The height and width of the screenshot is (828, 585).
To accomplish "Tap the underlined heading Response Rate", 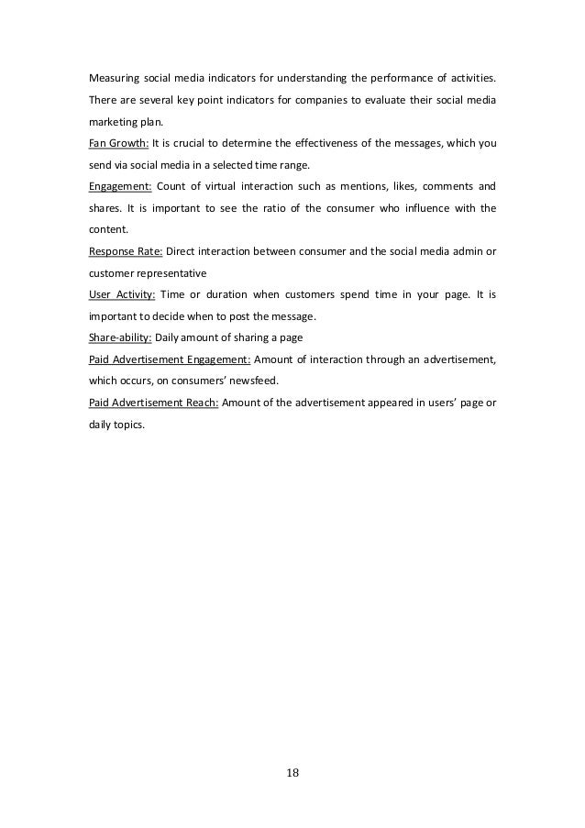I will tap(124, 251).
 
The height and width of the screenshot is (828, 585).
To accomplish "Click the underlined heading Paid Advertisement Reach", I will tap(153, 403).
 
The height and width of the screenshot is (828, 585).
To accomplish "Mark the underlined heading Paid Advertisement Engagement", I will tap(170, 360).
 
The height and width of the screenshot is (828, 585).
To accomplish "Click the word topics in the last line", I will tap(129, 425).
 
